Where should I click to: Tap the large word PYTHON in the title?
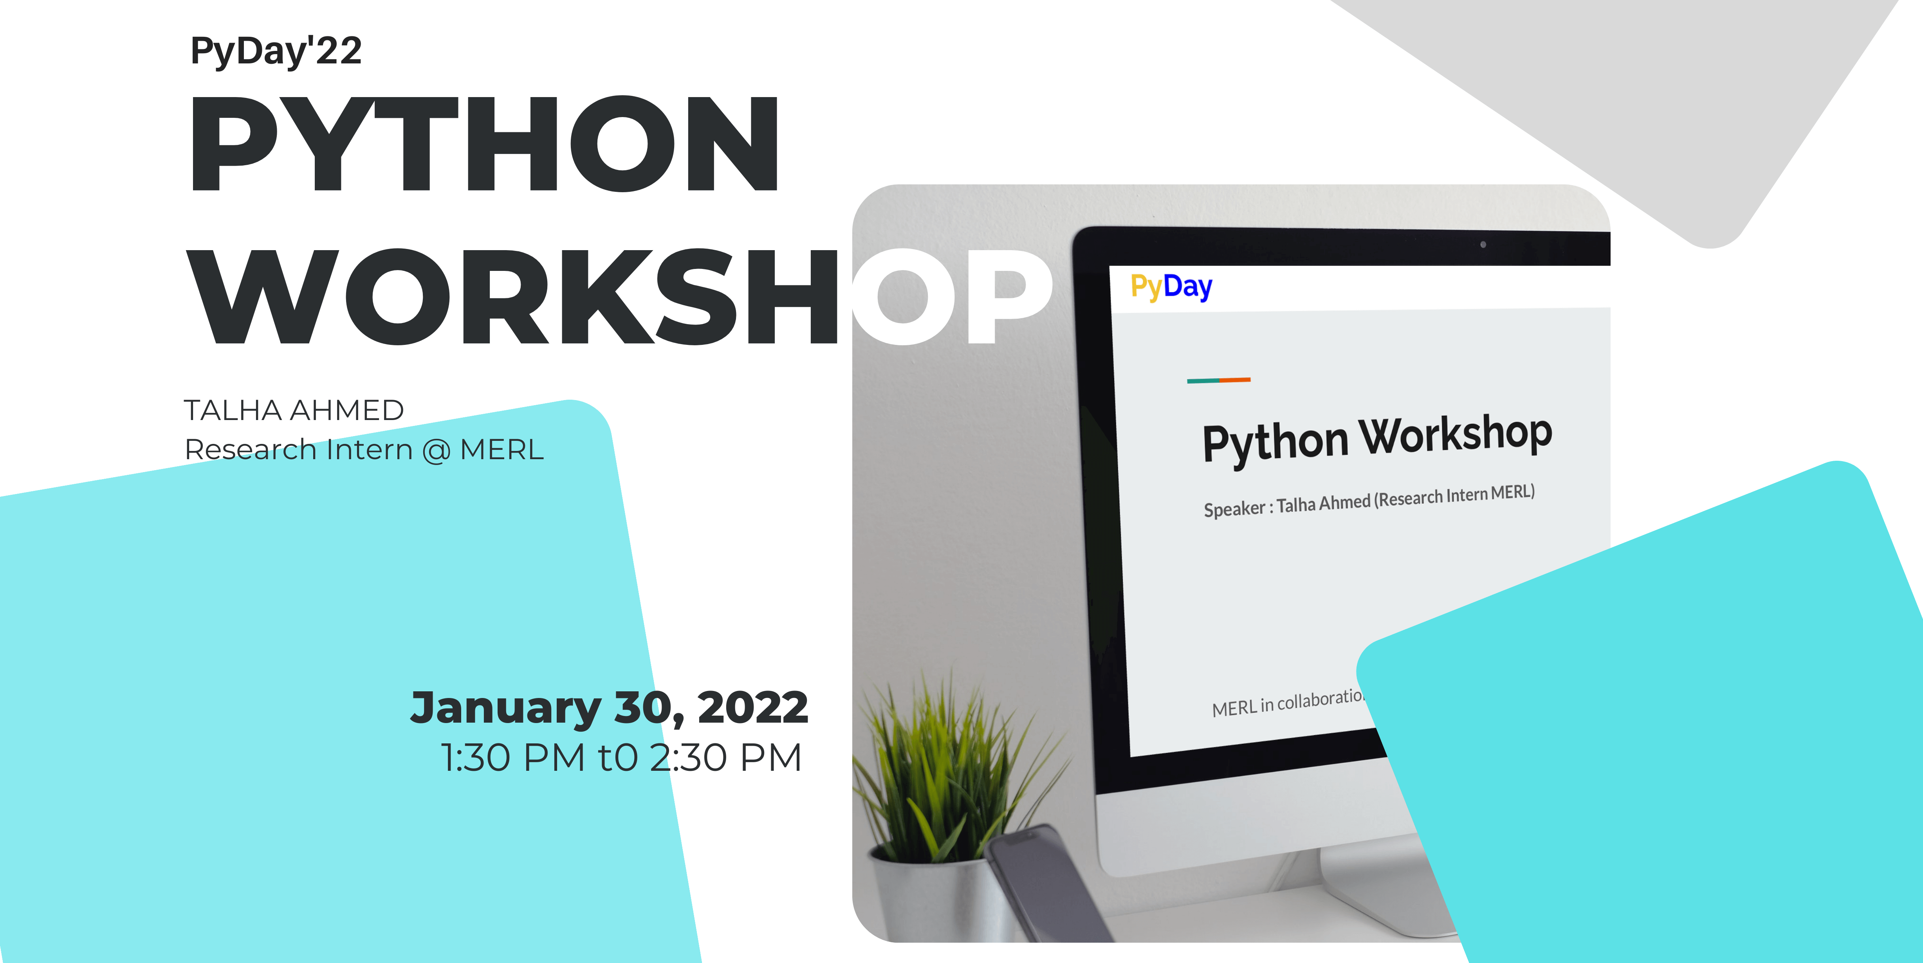(485, 143)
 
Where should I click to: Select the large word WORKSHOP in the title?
(621, 297)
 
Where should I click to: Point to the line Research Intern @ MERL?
(364, 449)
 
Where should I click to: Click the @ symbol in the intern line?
(436, 451)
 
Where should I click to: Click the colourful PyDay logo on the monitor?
(1171, 287)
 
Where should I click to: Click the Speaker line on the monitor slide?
(1369, 501)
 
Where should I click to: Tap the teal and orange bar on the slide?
(1218, 380)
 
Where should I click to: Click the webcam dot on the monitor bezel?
(1483, 244)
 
